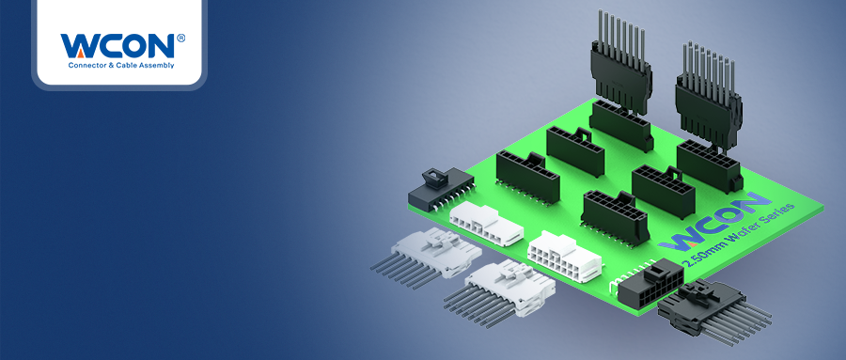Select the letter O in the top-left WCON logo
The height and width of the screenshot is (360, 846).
(x=133, y=46)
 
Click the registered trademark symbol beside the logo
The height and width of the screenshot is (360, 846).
(x=180, y=38)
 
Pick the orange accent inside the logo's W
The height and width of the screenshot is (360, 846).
(x=80, y=53)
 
